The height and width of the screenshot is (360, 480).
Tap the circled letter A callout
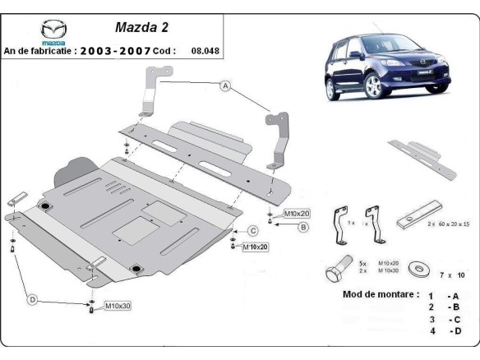(224, 85)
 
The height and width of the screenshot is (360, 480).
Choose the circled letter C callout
(254, 230)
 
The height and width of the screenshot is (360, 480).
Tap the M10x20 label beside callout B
(293, 214)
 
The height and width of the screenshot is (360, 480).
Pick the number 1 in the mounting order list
(430, 294)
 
